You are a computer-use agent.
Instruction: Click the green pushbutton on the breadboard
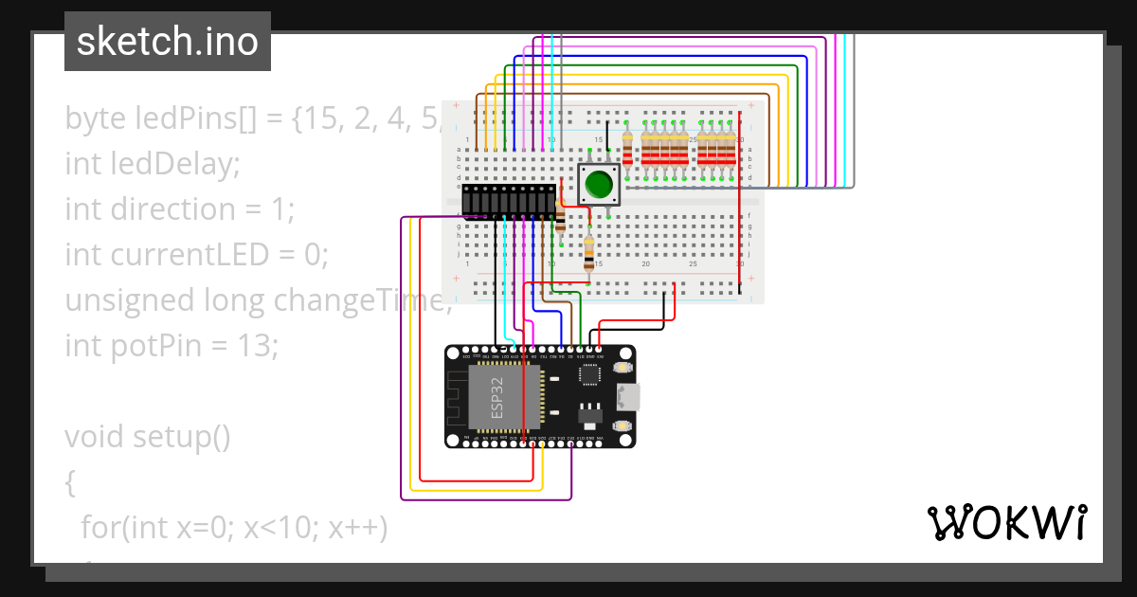(x=598, y=184)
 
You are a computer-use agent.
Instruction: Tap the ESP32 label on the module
(x=498, y=397)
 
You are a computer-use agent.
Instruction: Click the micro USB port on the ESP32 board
(x=627, y=397)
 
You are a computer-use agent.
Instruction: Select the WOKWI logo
(x=1005, y=523)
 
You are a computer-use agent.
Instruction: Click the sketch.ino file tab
(x=168, y=42)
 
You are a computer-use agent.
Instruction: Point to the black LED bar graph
(x=509, y=200)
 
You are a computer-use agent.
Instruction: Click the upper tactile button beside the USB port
(x=623, y=367)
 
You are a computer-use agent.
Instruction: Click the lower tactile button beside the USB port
(x=623, y=427)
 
